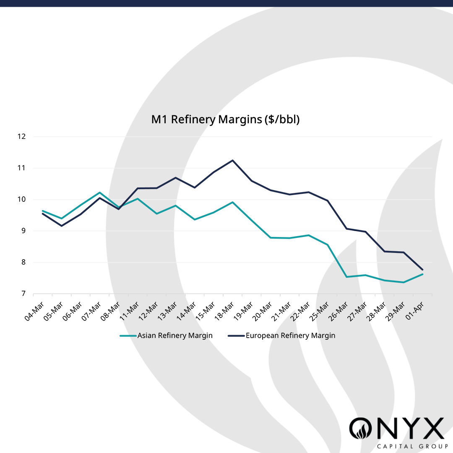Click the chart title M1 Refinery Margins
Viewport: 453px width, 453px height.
(x=225, y=120)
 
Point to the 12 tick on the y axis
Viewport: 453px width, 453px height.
(x=22, y=136)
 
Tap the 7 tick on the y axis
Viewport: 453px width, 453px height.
(x=23, y=294)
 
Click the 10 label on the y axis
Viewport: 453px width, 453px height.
(x=22, y=199)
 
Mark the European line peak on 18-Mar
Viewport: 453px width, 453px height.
(x=233, y=160)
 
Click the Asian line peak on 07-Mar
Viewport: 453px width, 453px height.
(x=99, y=193)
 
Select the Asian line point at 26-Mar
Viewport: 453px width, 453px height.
(x=346, y=277)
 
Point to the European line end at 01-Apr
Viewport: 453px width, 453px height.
(x=422, y=270)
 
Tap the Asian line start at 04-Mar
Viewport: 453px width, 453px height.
(x=43, y=211)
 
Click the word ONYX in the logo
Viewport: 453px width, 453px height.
(x=396, y=428)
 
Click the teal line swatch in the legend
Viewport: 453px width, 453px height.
(x=128, y=336)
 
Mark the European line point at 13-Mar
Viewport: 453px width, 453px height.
(x=175, y=177)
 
